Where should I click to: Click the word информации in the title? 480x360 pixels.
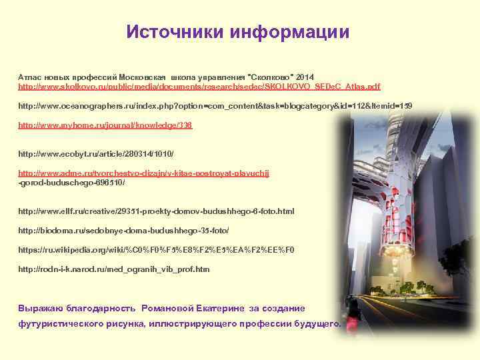(x=289, y=33)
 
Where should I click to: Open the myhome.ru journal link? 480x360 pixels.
(x=105, y=125)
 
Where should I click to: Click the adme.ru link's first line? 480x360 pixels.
(x=144, y=173)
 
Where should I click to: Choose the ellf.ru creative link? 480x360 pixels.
(x=156, y=211)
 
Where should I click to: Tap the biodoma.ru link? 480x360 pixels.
(x=123, y=230)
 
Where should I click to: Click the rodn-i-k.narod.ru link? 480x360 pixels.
(x=113, y=269)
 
